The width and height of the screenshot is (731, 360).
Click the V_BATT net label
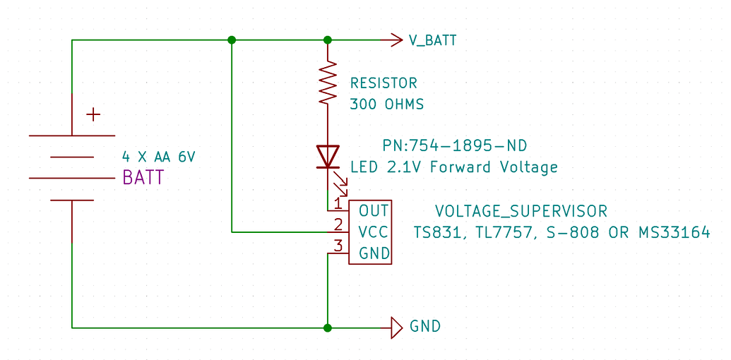coord(432,41)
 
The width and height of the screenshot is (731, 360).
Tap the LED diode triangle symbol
coord(328,156)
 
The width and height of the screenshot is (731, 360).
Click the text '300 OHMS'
coord(387,105)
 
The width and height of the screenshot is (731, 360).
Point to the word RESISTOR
coord(384,83)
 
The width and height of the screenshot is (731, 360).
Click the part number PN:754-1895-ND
coord(455,146)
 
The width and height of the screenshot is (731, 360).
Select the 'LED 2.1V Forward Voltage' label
coord(454,167)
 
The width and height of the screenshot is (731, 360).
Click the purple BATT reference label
coord(143,178)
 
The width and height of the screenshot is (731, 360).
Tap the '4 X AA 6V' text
coord(158,157)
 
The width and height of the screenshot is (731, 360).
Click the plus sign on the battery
coord(93,114)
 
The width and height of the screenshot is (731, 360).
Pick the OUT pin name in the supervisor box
coord(374,210)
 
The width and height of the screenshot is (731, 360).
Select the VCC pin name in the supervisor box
coord(374,232)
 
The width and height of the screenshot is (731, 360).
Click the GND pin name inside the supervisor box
coord(374,253)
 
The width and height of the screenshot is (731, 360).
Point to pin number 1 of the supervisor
coord(338,204)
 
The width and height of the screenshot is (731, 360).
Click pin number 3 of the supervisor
coord(338,246)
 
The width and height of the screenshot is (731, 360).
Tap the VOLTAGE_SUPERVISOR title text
coord(521,211)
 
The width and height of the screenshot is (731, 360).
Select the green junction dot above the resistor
coord(328,40)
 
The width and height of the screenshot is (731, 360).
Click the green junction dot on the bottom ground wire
coord(328,328)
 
